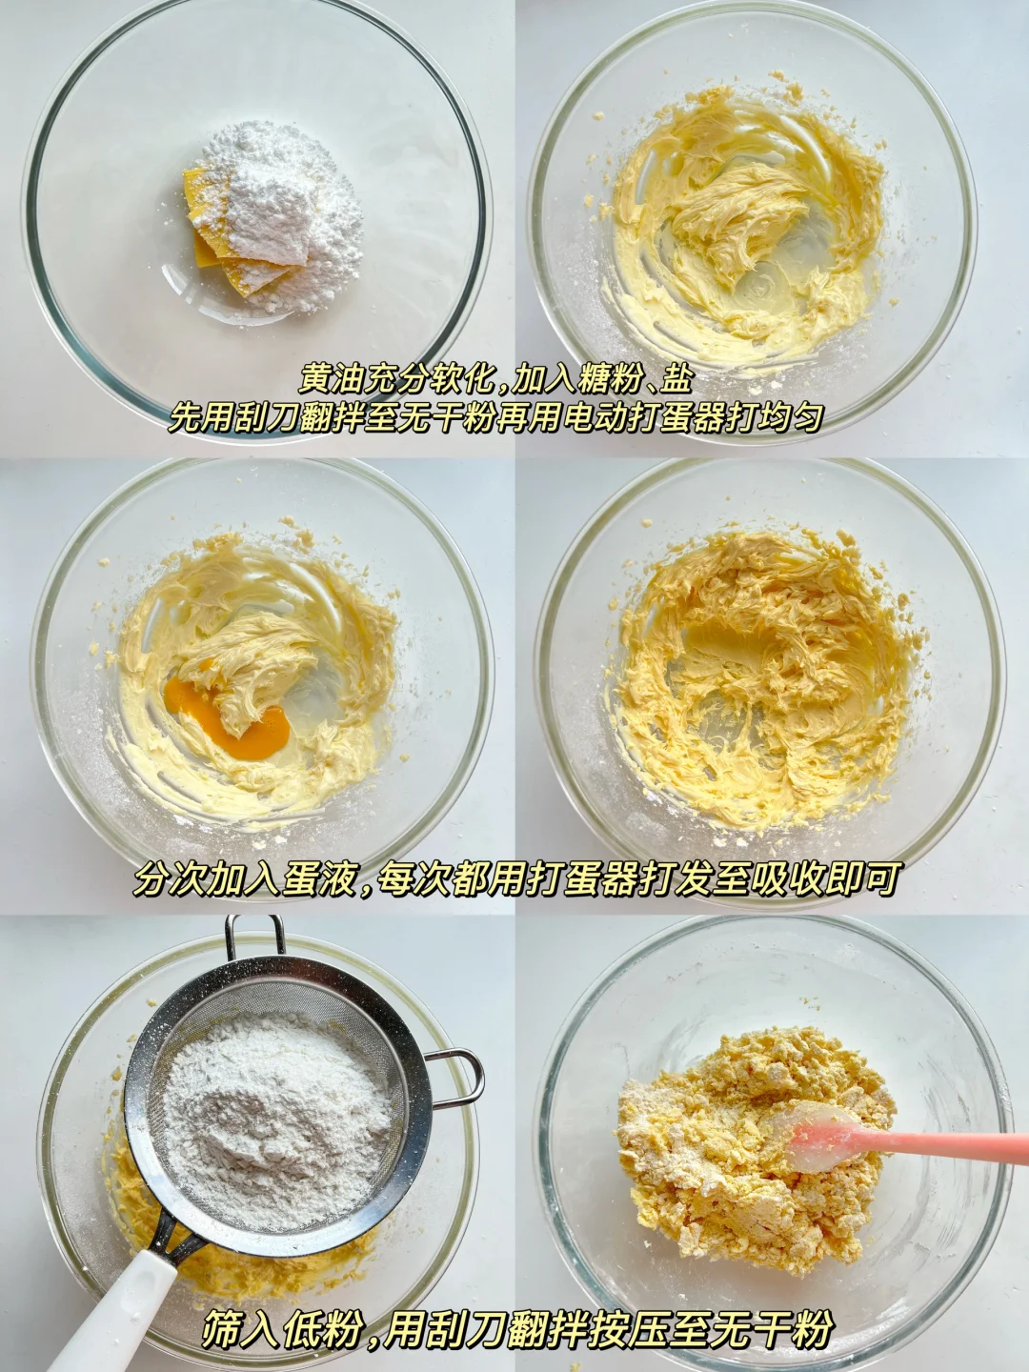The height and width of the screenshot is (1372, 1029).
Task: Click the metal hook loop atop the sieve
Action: pyautogui.click(x=255, y=944)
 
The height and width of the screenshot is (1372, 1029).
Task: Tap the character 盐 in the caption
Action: pyautogui.click(x=676, y=380)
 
